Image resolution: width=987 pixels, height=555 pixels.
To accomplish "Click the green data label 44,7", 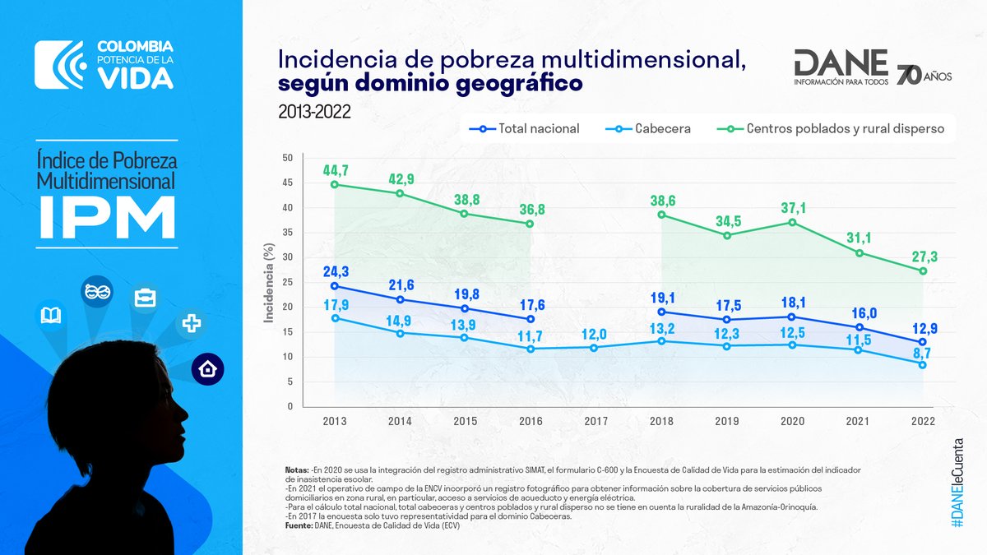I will [x=335, y=170].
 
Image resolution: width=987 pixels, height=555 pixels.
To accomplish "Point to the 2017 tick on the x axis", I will [x=596, y=420].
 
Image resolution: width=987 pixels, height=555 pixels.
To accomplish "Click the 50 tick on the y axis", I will [x=287, y=158].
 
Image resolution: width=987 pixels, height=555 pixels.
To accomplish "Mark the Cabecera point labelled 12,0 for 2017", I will [x=596, y=347].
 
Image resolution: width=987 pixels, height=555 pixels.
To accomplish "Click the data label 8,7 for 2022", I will [x=924, y=351].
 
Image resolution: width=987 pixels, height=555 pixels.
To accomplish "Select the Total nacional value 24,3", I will [x=335, y=271].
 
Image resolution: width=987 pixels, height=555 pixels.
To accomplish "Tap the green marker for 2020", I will [x=792, y=222].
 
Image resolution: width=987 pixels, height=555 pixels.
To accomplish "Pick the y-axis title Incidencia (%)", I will [x=268, y=282].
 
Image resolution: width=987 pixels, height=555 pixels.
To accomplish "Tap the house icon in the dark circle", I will [x=208, y=369].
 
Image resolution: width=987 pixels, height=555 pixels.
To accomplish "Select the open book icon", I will [x=50, y=315].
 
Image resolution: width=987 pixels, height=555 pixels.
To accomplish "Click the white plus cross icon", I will [x=192, y=323].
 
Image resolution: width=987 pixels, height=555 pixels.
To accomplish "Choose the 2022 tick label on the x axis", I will [x=924, y=420].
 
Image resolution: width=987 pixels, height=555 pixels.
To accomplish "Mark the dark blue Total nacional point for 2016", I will [x=531, y=319].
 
